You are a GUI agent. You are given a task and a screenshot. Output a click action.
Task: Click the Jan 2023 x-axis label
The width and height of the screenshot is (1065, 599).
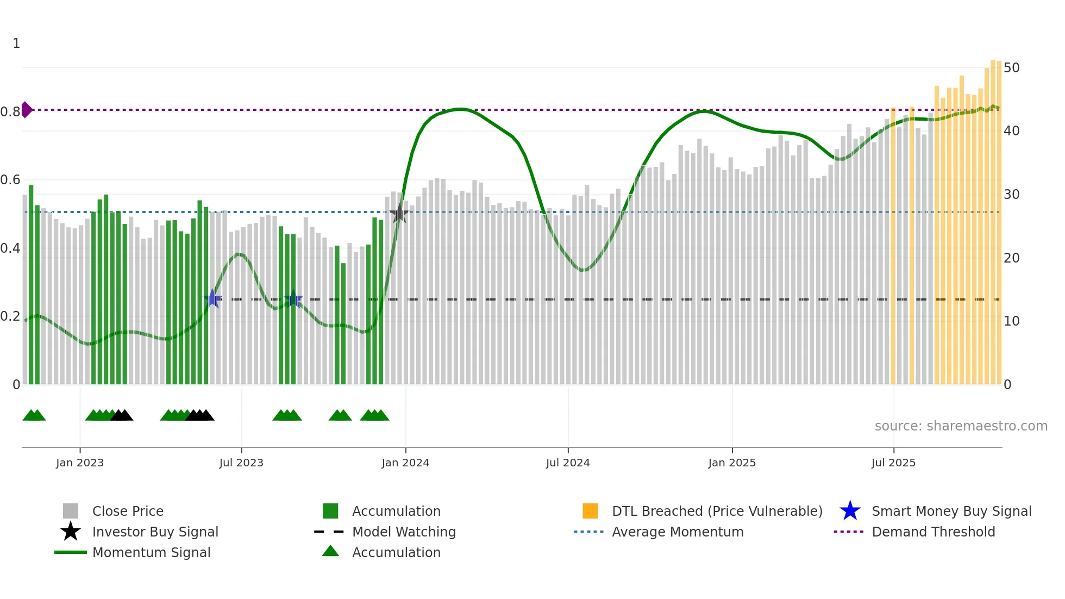tap(80, 463)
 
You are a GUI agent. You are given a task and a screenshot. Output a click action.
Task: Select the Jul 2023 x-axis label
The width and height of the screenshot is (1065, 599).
tap(241, 463)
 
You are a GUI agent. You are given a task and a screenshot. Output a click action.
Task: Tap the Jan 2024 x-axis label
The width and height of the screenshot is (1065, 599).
tap(405, 463)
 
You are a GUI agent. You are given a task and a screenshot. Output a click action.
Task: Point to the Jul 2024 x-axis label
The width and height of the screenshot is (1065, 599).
tap(568, 463)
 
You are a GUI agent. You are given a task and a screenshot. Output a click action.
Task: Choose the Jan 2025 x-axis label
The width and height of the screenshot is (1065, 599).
tap(732, 463)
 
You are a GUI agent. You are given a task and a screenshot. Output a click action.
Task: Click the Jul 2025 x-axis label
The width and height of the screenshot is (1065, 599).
tap(893, 463)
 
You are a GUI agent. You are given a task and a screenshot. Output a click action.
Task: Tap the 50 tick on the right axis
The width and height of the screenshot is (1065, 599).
tap(1011, 68)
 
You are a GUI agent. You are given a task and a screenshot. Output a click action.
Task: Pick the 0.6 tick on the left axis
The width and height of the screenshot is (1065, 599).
tap(11, 180)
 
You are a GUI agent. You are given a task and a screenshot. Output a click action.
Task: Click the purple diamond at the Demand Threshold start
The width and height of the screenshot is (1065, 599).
tap(26, 110)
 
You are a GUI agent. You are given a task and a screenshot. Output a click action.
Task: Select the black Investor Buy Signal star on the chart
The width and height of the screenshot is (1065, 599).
tap(399, 214)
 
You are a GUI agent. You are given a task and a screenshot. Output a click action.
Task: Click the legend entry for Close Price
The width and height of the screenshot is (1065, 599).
tap(128, 511)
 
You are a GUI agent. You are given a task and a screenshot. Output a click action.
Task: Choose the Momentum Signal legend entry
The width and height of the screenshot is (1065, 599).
tap(151, 552)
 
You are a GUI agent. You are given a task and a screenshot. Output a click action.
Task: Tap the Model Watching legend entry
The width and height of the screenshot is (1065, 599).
tap(404, 532)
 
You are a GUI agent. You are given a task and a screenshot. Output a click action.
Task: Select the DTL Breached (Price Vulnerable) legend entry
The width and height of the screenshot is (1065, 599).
tap(717, 511)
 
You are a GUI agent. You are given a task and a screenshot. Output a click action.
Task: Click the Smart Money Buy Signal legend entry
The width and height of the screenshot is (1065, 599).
tap(951, 511)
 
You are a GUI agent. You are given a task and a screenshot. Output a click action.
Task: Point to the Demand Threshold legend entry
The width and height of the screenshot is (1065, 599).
tap(933, 532)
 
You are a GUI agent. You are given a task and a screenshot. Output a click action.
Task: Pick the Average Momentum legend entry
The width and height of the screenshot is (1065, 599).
tap(678, 532)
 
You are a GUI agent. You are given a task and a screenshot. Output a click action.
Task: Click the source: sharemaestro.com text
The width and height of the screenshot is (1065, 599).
tap(961, 426)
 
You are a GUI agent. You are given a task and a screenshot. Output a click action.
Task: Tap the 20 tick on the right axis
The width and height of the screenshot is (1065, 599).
tap(1011, 258)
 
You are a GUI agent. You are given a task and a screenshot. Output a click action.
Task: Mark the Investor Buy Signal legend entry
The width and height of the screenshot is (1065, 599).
tap(155, 532)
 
